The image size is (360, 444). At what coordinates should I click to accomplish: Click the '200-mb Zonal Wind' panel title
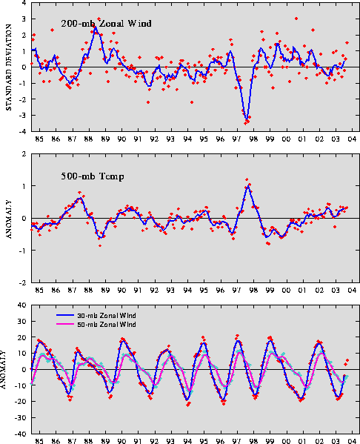click(106, 23)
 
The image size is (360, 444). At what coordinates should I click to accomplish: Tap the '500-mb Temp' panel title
click(93, 176)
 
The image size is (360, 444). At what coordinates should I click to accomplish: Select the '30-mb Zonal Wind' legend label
click(107, 316)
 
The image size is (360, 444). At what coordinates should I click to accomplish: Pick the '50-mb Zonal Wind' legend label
click(107, 324)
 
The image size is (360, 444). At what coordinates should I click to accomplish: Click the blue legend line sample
click(65, 315)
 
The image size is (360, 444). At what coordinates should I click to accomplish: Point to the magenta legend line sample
click(65, 324)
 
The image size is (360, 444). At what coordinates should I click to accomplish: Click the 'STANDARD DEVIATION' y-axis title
click(8, 67)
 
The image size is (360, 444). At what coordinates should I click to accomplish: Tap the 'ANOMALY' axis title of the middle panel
click(8, 219)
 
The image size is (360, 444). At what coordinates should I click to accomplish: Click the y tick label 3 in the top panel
click(24, 19)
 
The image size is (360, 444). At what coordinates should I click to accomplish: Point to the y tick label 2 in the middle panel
click(24, 154)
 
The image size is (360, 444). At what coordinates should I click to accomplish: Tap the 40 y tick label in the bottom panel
click(22, 305)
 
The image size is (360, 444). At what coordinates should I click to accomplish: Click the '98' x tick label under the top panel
click(253, 139)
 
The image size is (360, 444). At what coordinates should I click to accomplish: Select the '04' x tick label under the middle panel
click(352, 291)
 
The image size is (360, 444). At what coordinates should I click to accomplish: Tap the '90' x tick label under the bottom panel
click(122, 441)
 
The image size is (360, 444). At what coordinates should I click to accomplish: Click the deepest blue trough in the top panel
click(247, 119)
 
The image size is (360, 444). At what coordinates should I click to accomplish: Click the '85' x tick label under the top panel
click(39, 139)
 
